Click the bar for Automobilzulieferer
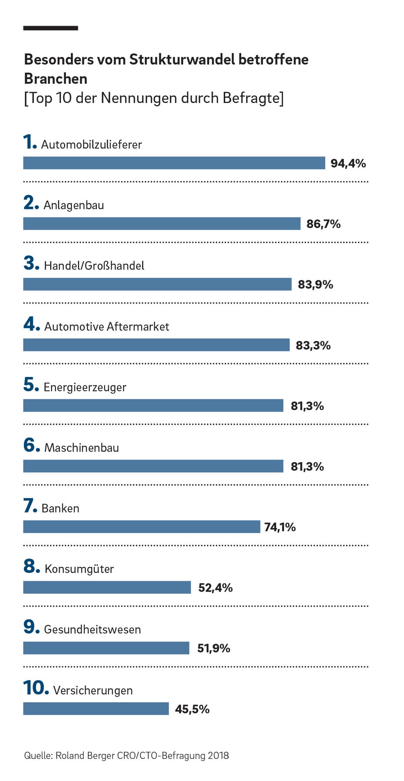(174, 163)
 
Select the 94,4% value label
(348, 163)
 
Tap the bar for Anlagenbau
(162, 224)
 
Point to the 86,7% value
(323, 224)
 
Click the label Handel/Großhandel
(94, 265)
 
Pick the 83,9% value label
(315, 285)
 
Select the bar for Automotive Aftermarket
(156, 345)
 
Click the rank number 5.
(31, 384)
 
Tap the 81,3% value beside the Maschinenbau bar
(307, 467)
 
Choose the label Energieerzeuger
(85, 387)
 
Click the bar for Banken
(142, 527)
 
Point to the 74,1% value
(280, 527)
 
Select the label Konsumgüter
(79, 569)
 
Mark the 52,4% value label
(215, 588)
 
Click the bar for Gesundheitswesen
(106, 648)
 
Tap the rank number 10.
(36, 688)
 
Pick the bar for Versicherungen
(96, 709)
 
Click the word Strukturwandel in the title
(182, 59)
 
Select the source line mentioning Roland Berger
(126, 755)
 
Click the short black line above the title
(50, 28)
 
